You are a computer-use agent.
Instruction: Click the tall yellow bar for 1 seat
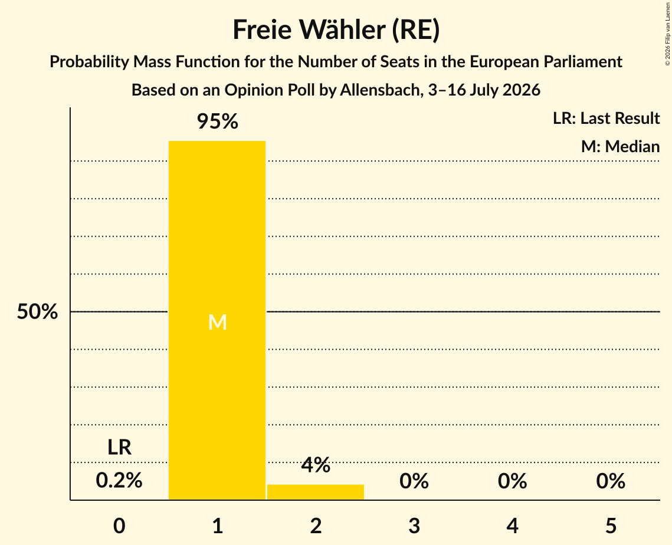point(217,320)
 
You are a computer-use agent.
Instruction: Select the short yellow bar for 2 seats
point(316,492)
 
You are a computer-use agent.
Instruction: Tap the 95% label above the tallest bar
point(217,122)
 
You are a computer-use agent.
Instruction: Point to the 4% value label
point(316,465)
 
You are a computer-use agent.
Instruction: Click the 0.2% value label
point(119,480)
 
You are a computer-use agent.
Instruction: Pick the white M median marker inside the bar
point(217,322)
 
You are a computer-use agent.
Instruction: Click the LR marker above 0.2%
point(119,447)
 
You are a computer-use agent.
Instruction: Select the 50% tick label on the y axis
point(37,311)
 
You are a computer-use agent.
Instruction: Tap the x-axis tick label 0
point(119,526)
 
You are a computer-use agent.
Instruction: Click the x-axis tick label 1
point(218,526)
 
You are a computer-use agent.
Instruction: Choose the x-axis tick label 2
point(316,526)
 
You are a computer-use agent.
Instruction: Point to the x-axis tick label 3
point(414,526)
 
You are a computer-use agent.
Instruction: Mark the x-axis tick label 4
point(513,526)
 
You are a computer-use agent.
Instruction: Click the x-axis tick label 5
point(611,526)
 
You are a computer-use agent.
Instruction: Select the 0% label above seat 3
point(414,481)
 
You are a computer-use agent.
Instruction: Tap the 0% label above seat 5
point(611,481)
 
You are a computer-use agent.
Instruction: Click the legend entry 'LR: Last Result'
point(606,118)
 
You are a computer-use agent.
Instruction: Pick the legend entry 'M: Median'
point(620,146)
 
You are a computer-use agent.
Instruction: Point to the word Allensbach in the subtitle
point(372,90)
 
